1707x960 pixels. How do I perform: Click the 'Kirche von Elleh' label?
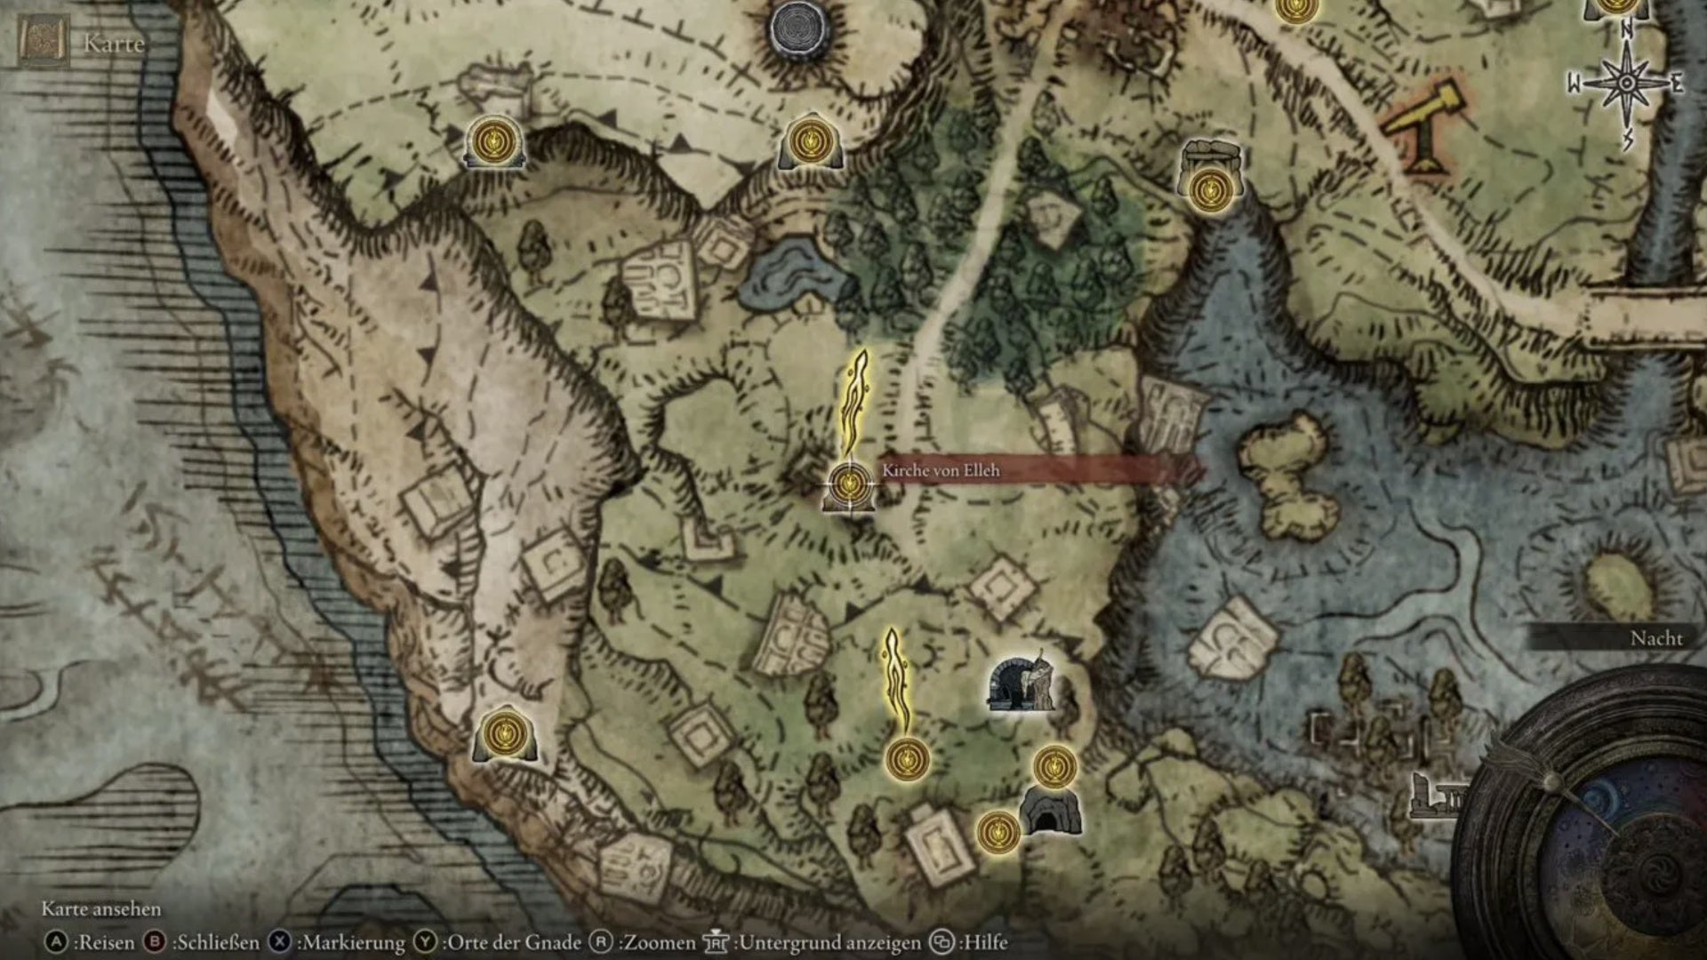(x=941, y=470)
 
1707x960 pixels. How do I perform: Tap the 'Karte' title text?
(x=114, y=44)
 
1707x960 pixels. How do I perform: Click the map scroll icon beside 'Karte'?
(x=44, y=41)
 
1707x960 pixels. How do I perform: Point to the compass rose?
(x=1626, y=83)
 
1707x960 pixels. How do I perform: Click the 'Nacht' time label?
(x=1655, y=638)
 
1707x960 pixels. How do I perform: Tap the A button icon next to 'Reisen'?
(x=56, y=942)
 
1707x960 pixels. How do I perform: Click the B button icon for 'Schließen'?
(x=155, y=942)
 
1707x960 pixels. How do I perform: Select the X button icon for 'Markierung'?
(x=279, y=942)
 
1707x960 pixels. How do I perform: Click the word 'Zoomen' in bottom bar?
(x=660, y=942)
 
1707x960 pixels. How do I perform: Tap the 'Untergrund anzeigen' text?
(x=829, y=942)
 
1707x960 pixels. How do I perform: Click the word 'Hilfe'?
(x=985, y=942)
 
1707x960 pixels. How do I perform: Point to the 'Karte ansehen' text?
(x=101, y=909)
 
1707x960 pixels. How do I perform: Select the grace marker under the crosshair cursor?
(x=849, y=483)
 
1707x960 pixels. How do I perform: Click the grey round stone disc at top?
(x=798, y=29)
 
